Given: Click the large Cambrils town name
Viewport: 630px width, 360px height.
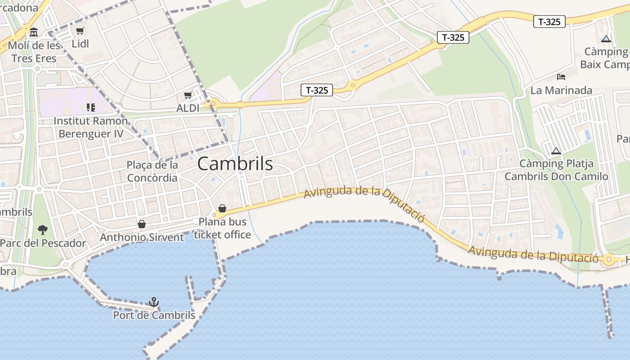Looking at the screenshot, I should click(x=235, y=164).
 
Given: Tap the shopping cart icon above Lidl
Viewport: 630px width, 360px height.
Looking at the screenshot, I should click(x=80, y=31).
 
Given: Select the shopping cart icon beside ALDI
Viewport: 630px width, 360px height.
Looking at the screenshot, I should click(x=188, y=95).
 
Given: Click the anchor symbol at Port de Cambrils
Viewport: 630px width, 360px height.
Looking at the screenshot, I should click(x=154, y=301).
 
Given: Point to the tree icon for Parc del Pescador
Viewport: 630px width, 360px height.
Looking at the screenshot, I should click(x=43, y=230).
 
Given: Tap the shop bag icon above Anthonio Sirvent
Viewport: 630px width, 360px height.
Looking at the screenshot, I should click(x=142, y=224).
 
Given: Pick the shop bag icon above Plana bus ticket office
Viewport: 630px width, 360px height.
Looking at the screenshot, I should click(x=222, y=208).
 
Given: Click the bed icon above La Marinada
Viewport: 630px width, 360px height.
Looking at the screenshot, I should click(x=561, y=76).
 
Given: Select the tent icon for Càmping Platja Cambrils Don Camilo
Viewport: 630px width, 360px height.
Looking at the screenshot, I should click(x=556, y=151).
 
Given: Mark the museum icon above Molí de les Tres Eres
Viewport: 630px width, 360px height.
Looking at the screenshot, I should click(x=34, y=32).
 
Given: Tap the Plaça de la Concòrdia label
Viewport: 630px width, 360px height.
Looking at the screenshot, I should click(x=152, y=171).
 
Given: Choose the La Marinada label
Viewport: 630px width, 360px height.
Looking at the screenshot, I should click(x=561, y=90).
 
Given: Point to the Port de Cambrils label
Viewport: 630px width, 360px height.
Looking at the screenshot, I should click(x=154, y=315).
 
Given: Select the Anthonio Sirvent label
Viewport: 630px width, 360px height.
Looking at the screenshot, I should click(x=142, y=237).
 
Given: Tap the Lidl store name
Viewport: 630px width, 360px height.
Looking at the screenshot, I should click(x=81, y=44).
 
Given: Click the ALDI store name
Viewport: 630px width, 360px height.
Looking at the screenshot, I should click(x=188, y=108).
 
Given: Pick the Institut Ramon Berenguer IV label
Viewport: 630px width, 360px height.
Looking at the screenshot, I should click(x=90, y=127).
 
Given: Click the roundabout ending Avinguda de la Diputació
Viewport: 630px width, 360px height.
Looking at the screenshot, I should click(x=609, y=259).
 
